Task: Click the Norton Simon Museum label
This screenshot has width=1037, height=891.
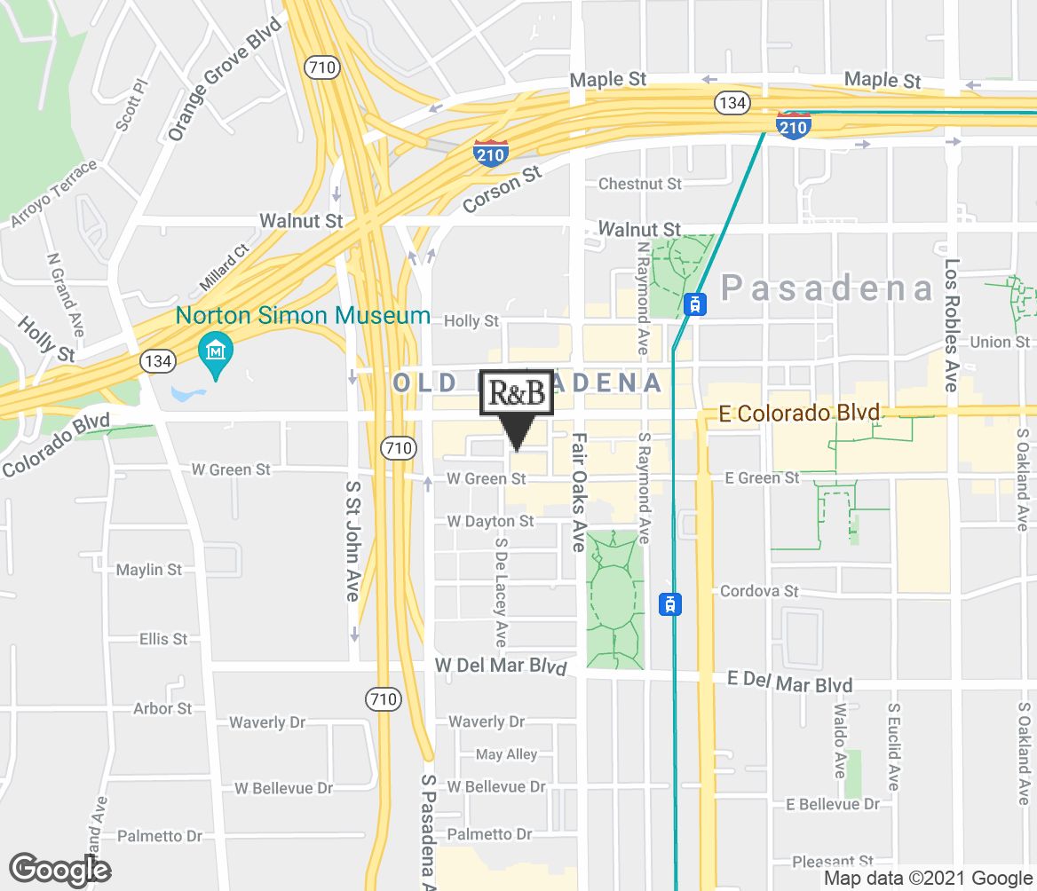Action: pyautogui.click(x=303, y=315)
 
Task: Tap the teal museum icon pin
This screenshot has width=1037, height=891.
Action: pyautogui.click(x=214, y=353)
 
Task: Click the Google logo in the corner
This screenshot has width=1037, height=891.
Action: pyautogui.click(x=60, y=869)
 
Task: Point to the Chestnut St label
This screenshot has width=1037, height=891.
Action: pyautogui.click(x=640, y=184)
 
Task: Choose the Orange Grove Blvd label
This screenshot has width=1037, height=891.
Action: pyautogui.click(x=225, y=78)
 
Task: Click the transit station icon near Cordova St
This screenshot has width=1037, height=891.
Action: pyautogui.click(x=671, y=604)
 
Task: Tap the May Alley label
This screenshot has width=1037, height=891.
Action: pyautogui.click(x=507, y=754)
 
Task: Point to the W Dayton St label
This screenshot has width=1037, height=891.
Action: pyautogui.click(x=491, y=521)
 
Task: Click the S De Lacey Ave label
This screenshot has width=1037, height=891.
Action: pyautogui.click(x=501, y=592)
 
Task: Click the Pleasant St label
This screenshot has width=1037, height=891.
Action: pyautogui.click(x=834, y=861)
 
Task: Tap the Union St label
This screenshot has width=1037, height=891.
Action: pyautogui.click(x=1000, y=342)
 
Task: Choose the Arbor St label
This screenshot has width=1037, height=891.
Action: pyautogui.click(x=162, y=708)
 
